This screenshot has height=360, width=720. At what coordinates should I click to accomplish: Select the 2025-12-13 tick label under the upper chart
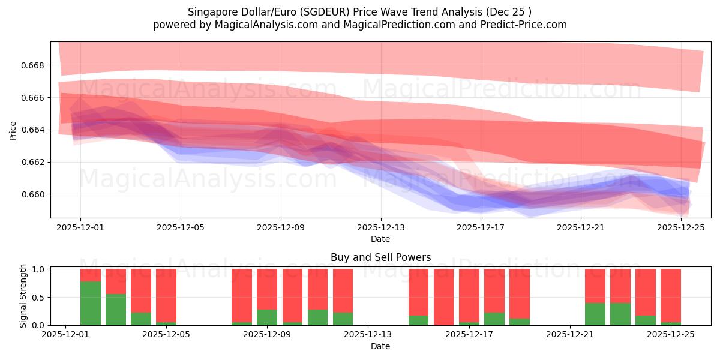tap(381, 227)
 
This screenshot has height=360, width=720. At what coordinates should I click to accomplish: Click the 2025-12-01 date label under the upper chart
tap(80, 227)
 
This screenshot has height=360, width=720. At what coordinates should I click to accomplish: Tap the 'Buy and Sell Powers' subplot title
tap(380, 257)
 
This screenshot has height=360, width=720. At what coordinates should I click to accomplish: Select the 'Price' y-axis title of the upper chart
tap(13, 130)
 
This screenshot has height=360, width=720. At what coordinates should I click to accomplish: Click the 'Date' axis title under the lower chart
tap(380, 346)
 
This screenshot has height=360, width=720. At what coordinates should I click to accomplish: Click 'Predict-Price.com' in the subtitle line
tap(527, 25)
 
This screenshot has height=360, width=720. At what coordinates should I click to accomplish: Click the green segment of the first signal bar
tap(91, 303)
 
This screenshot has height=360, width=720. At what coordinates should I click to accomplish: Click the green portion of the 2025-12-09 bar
tap(267, 317)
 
